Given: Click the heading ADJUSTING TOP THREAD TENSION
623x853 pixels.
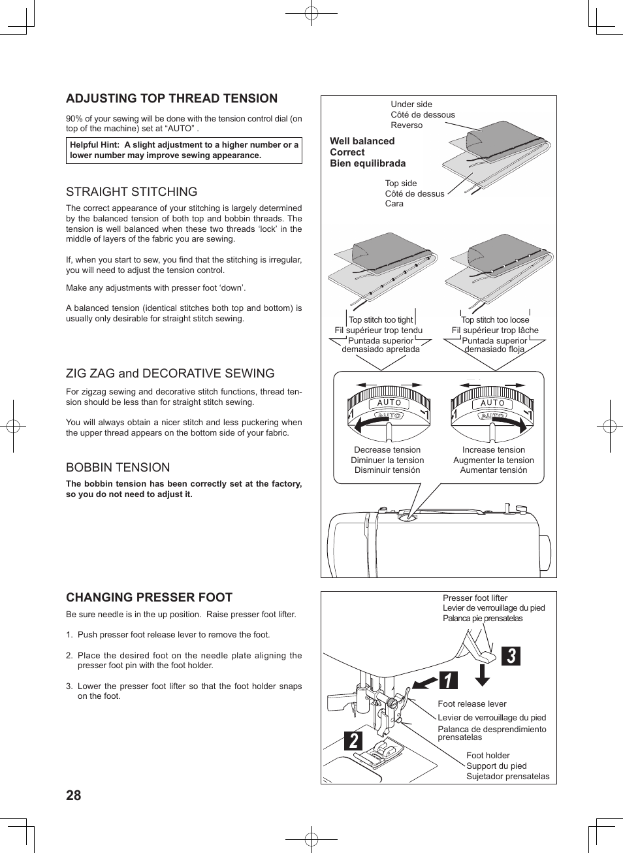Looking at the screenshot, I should tap(172, 99).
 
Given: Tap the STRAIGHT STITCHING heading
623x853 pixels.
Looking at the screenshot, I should tap(131, 192).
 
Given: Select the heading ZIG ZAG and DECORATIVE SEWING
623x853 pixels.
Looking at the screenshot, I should tap(170, 374).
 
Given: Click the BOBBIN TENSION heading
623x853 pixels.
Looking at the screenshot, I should tap(118, 468).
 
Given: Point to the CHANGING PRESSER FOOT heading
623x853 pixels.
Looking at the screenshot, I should tap(149, 598).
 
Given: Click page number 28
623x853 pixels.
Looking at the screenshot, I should tap(74, 796).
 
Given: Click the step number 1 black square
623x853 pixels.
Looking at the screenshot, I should tap(448, 681).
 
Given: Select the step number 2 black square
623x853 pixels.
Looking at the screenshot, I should tap(353, 741).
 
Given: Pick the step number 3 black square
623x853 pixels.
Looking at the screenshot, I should tap(511, 656).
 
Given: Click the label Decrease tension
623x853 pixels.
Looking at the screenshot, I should tap(387, 450).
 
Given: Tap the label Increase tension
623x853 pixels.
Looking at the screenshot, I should tap(494, 450).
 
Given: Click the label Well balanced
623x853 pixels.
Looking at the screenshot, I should tap(362, 141).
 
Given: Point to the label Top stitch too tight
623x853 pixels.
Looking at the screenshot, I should tap(381, 320).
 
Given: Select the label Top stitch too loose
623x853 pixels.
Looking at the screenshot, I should tap(495, 320).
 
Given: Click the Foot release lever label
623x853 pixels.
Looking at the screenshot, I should tap(472, 704).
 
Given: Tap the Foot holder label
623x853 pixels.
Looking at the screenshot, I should tap(488, 756).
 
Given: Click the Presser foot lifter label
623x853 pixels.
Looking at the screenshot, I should tap(475, 598).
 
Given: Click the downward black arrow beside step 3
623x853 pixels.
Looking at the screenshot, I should tap(483, 675).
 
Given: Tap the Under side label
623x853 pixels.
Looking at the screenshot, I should tap(411, 105).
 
